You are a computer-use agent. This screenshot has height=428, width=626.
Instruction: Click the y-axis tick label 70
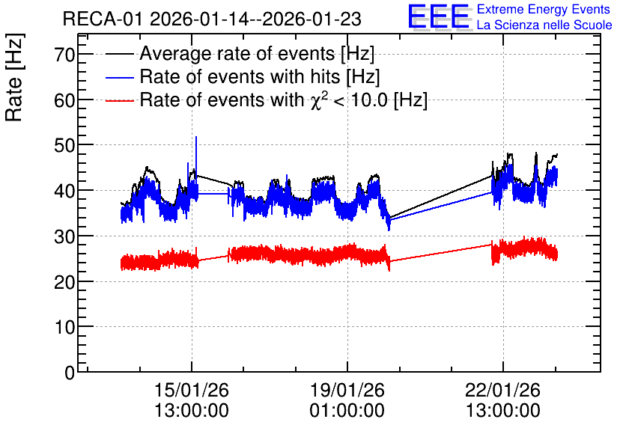point(64,55)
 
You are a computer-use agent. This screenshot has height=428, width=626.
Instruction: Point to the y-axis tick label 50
point(64,145)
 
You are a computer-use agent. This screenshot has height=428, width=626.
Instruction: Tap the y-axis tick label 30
point(64,236)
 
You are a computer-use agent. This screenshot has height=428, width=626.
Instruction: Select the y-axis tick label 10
point(64,327)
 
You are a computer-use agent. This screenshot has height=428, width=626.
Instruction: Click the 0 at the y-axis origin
point(70,373)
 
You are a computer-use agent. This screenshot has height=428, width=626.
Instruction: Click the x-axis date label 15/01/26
point(192,390)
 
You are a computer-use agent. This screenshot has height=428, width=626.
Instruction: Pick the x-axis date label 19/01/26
point(347,390)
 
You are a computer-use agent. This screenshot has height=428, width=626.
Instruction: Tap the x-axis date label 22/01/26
point(503,390)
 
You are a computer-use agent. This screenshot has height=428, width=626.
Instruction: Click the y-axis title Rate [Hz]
point(14,77)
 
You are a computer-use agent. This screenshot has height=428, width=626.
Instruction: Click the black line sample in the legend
point(119,53)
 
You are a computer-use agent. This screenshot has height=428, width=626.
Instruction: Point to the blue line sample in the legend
point(119,77)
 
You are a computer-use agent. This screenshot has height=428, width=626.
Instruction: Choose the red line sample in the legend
point(119,100)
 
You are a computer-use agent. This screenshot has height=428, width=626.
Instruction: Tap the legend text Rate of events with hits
point(240,76)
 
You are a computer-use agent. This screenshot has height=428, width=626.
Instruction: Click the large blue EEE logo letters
point(438,16)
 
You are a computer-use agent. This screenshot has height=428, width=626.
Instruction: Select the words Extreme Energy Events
point(544,9)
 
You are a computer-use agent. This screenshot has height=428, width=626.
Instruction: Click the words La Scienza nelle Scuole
point(544,25)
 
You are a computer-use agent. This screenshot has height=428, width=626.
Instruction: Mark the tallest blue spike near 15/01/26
point(196,137)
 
